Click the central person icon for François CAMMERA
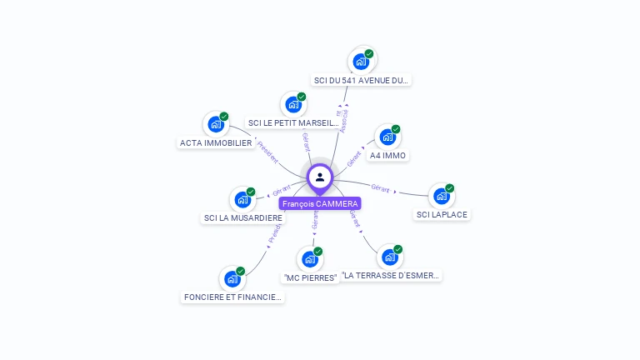tap(320, 177)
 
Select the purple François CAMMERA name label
tap(320, 203)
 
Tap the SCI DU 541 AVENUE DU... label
tap(362, 81)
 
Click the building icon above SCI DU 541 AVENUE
tap(361, 61)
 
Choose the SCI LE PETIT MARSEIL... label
tap(293, 123)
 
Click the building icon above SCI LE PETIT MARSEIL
tap(292, 104)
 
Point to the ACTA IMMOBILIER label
tap(216, 142)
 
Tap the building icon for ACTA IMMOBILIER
tap(216, 124)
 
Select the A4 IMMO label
tap(388, 155)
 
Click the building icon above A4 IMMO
tap(387, 136)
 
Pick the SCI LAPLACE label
tap(442, 214)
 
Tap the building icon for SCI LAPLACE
tap(441, 196)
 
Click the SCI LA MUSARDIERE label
tap(243, 217)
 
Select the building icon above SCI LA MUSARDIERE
tap(242, 199)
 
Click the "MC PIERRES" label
tap(310, 277)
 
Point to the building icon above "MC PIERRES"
tap(310, 258)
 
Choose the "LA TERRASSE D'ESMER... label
tap(391, 275)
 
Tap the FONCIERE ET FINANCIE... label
tap(232, 297)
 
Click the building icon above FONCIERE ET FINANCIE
tap(232, 278)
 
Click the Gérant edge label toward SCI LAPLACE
tap(380, 188)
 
